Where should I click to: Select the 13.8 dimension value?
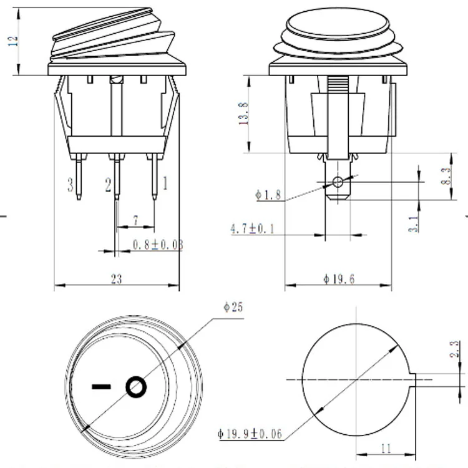click(x=244, y=113)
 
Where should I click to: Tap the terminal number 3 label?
click(x=71, y=184)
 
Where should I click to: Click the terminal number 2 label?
click(x=108, y=184)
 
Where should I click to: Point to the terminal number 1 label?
click(x=165, y=183)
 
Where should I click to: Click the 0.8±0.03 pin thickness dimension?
click(x=158, y=245)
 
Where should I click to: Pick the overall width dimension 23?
click(x=117, y=279)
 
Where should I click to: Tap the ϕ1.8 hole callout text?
click(x=268, y=195)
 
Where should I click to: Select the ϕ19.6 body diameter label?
click(x=339, y=280)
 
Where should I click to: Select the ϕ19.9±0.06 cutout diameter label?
click(x=249, y=432)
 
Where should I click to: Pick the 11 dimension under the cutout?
click(x=384, y=447)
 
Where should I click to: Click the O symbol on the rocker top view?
click(x=137, y=387)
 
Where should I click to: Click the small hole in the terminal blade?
click(x=338, y=182)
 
